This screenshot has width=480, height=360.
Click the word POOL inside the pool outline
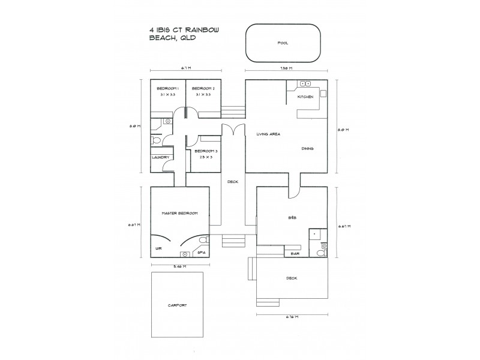283,43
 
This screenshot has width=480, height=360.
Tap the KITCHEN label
305,97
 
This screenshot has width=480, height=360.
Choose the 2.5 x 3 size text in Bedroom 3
205,157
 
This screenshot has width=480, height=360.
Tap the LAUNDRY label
159,157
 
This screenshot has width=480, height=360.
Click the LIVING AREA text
268,134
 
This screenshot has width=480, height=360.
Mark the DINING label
308,148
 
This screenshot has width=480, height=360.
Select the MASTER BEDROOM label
180,213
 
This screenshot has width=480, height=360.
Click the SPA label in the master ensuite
201,253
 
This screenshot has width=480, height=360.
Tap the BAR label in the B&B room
295,253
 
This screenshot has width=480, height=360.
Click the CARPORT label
178,305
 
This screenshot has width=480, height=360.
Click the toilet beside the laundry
156,140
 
